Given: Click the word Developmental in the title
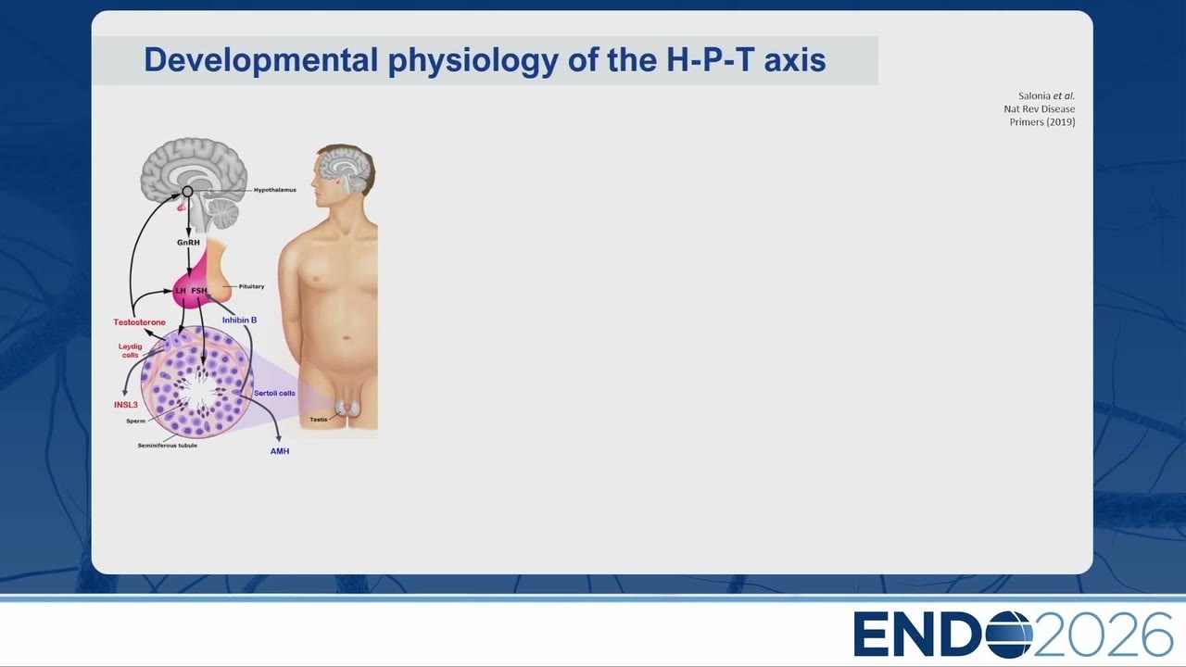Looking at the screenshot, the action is coord(261,60).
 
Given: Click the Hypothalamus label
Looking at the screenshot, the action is coord(275,190).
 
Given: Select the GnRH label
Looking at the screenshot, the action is coord(188,243).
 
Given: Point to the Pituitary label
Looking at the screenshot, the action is coord(251,286).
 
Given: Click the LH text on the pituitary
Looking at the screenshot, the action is coord(181,291).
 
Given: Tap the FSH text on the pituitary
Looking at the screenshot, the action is coord(199,291).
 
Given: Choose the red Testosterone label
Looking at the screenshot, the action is coord(139,321).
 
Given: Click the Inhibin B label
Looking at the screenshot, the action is coord(239,320).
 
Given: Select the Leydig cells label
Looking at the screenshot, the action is coord(131,350).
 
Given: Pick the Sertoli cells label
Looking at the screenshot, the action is coord(275,394).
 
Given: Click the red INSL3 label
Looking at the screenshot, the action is coord(125,405).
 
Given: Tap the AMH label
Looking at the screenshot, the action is coord(280,451).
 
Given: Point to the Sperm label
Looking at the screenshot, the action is coord(135,422).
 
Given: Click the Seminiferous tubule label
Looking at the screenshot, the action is coord(168,446).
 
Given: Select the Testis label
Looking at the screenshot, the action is coord(318,420).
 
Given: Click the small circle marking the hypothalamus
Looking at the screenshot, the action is coord(187,191).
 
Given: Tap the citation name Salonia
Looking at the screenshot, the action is coord(1034,95).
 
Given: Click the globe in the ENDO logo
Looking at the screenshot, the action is coord(1009,635).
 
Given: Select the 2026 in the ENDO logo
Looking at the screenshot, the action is coord(1103,635).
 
